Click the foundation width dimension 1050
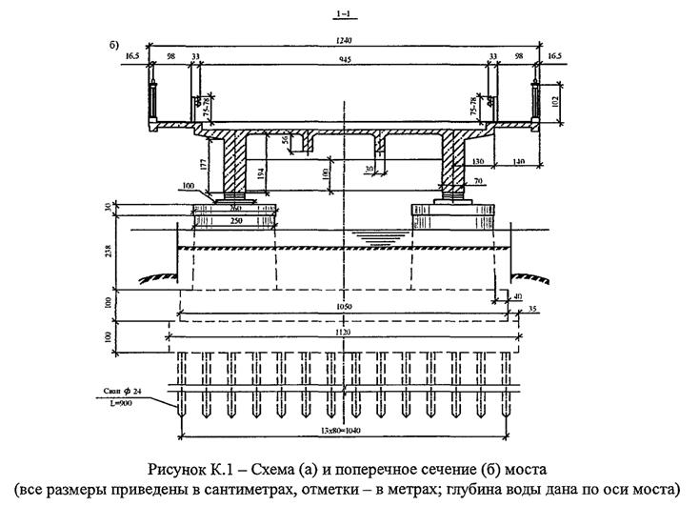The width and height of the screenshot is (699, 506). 342,308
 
